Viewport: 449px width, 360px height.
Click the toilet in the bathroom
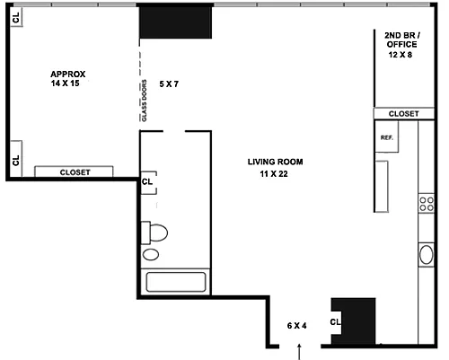pyautogui.click(x=154, y=233)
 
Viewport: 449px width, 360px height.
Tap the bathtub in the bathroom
pyautogui.click(x=176, y=282)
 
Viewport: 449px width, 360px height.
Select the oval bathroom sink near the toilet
pyautogui.click(x=151, y=255)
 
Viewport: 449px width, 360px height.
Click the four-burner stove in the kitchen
pyautogui.click(x=427, y=204)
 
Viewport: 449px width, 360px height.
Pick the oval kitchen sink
pyautogui.click(x=427, y=255)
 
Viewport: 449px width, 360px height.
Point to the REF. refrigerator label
pyautogui.click(x=387, y=137)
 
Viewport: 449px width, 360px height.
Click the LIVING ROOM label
pyautogui.click(x=275, y=162)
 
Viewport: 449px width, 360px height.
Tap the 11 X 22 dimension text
pyautogui.click(x=274, y=174)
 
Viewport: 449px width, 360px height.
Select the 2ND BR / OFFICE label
pyautogui.click(x=402, y=40)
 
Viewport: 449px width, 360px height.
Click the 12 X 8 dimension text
pyautogui.click(x=401, y=55)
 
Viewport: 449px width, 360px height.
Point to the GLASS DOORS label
pyautogui.click(x=145, y=101)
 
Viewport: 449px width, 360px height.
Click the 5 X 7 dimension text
pyautogui.click(x=169, y=84)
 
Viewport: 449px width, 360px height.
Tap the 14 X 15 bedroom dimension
pyautogui.click(x=65, y=83)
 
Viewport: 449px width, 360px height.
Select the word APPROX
pyautogui.click(x=68, y=74)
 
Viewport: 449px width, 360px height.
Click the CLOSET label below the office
pyautogui.click(x=403, y=114)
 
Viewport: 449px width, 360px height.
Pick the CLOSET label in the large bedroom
pyautogui.click(x=75, y=172)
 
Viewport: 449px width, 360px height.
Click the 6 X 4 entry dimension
pyautogui.click(x=296, y=326)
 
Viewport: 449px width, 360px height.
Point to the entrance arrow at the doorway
pyautogui.click(x=299, y=352)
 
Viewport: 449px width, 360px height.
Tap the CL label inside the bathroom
pyautogui.click(x=147, y=181)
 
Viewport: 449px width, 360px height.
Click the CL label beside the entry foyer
pyautogui.click(x=335, y=322)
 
